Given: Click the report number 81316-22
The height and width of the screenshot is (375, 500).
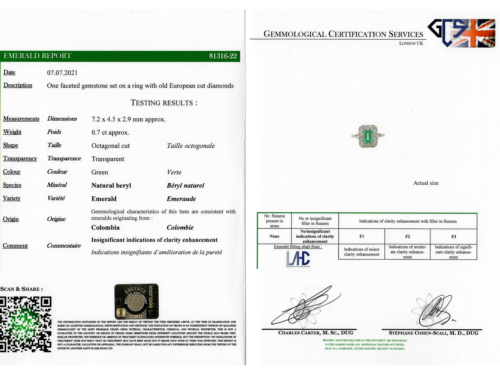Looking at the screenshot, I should coord(223,56).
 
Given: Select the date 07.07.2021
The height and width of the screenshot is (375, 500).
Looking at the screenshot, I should coord(62,73).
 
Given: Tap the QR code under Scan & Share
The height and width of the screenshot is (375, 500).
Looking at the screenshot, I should coord(26,324).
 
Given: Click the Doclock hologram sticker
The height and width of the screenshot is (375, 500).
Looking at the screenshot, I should coord(136,302).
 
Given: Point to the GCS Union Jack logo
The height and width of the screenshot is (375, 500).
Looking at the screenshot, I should coord(461,33).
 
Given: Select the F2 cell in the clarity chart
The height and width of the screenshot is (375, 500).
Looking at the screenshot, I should coord(408,236).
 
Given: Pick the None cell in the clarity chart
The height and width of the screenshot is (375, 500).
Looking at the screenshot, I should coord(274,236).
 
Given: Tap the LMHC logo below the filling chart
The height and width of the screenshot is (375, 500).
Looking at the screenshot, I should coord(298,259).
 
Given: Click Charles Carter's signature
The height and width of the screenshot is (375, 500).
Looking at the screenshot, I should coord(305,309).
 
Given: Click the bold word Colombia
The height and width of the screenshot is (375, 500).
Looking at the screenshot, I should coord(105,228).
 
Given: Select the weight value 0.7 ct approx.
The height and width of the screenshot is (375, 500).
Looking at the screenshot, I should coord(110,133).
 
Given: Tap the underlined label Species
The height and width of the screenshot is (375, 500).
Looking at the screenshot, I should coord(12,185).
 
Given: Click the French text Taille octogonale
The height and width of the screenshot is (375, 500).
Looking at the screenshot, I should coord(191,146).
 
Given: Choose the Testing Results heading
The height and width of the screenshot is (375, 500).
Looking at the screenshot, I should coord(164,103).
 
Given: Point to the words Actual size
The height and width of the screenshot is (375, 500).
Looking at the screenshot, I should coord(426,183).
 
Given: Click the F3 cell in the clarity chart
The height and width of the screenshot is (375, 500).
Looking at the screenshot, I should coord(453,236).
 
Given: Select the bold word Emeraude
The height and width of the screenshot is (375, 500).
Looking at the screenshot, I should coord(181,199).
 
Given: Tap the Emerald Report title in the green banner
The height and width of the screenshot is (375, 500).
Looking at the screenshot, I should coord(37,56).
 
